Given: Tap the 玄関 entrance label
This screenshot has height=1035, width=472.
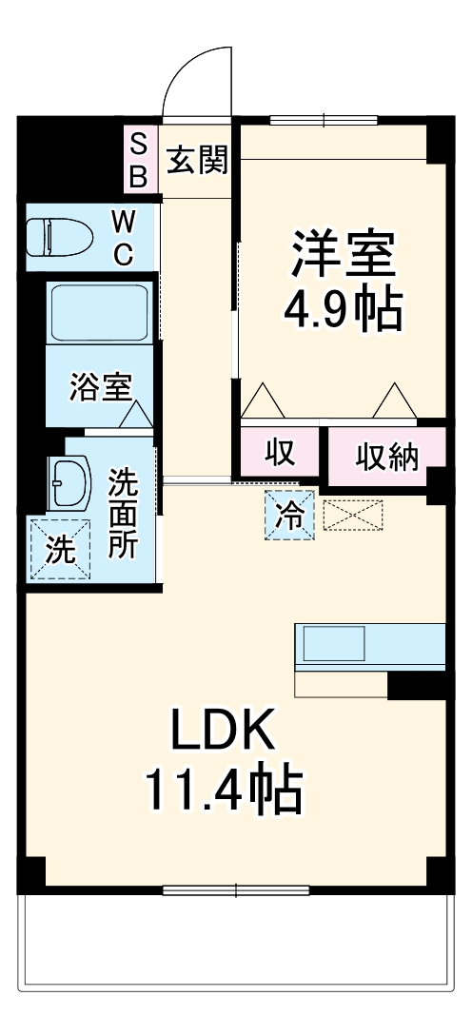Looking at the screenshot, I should [x=197, y=161].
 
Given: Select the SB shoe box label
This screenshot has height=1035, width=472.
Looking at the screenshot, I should [x=139, y=160].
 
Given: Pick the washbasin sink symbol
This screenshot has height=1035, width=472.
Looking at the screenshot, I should [x=69, y=481].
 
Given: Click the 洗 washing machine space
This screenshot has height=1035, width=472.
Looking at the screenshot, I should [x=60, y=550].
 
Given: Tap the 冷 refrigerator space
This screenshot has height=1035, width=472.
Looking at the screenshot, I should [x=287, y=517].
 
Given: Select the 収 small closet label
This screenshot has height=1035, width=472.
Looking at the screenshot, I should [x=280, y=454].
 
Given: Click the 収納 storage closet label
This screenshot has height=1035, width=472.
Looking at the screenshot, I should [x=387, y=458].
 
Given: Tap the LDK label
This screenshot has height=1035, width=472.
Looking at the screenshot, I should [x=224, y=731].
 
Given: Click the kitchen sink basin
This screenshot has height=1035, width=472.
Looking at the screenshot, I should [x=334, y=645].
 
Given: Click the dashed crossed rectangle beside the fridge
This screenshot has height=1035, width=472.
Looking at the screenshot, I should [x=353, y=515].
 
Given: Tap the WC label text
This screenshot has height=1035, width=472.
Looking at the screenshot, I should [x=124, y=237].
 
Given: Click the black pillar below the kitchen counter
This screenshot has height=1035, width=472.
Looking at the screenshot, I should [x=416, y=685].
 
